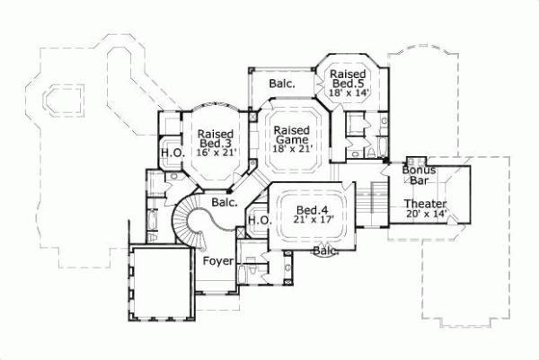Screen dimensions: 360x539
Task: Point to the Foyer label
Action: [218, 261]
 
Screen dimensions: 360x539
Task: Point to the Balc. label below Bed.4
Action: [325, 251]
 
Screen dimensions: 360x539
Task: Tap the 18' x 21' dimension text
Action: [292, 149]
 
